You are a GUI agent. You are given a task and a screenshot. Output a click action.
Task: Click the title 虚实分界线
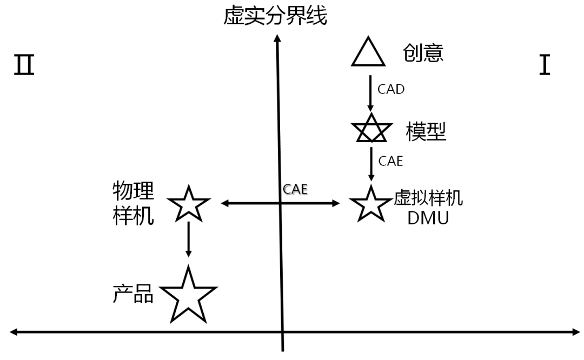click(x=275, y=17)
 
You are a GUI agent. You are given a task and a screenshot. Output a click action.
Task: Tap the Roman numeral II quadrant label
click(x=24, y=65)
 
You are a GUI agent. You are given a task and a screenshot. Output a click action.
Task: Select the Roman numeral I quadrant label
click(x=545, y=65)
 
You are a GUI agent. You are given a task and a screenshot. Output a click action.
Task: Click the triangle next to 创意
click(x=369, y=52)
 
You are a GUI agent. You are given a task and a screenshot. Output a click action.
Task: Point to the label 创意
click(x=423, y=53)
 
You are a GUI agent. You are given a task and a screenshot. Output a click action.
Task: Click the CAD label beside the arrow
click(x=391, y=89)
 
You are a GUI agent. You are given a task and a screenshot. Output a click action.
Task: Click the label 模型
click(x=426, y=131)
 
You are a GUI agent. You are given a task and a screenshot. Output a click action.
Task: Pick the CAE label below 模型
click(x=390, y=161)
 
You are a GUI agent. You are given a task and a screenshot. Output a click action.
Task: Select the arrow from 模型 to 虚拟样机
click(x=371, y=162)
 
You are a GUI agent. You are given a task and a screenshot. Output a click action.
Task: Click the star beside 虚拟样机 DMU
click(x=371, y=204)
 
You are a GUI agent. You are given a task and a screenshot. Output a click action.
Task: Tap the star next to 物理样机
click(x=188, y=204)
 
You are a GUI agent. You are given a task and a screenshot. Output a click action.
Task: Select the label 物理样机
click(x=133, y=203)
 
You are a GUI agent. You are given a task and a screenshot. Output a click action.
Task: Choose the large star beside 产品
click(x=188, y=295)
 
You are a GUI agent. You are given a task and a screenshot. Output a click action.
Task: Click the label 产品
click(x=133, y=294)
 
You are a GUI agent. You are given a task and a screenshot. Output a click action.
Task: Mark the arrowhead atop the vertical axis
click(x=277, y=39)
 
